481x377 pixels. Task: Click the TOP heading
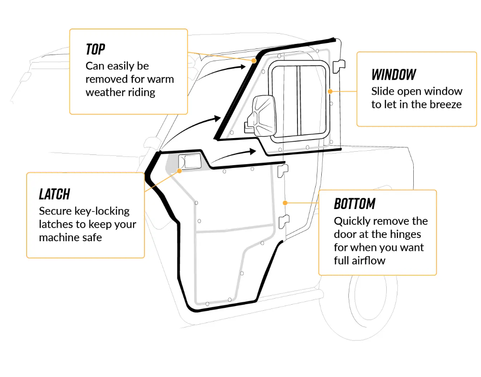[95, 49]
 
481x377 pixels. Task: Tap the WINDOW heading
[393, 75]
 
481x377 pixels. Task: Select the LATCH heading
[54, 194]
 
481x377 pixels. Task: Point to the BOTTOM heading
[354, 204]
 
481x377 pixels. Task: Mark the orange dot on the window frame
[330, 91]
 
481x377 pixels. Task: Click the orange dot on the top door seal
[255, 61]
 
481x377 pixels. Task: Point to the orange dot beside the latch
[180, 171]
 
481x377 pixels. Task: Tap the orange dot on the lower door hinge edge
[284, 203]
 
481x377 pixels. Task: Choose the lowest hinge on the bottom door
[283, 221]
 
